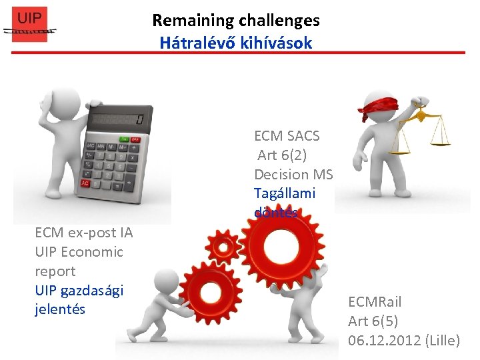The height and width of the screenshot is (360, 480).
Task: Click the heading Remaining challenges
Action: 235,21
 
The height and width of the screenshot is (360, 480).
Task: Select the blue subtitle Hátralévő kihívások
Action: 235,43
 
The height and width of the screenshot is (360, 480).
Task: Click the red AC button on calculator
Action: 85,183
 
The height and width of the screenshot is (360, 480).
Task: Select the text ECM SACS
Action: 287,136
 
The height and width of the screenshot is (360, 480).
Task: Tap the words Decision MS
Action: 293,175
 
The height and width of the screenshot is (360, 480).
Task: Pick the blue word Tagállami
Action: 285,194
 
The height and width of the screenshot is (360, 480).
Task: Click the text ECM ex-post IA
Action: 84,233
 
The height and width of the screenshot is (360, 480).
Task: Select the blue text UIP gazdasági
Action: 79,291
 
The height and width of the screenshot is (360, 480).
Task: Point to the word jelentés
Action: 60,309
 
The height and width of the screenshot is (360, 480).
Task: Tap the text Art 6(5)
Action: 373,321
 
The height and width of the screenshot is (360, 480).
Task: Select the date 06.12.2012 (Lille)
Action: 403,341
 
